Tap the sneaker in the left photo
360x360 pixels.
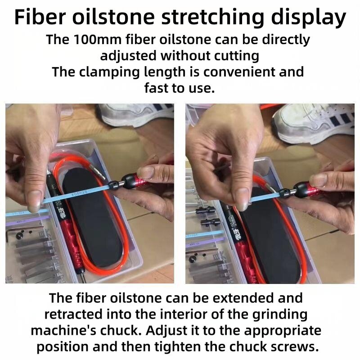pos(135,115)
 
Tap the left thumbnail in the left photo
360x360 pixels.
pos(34,200)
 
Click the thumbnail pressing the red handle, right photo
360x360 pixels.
pos(319,180)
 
